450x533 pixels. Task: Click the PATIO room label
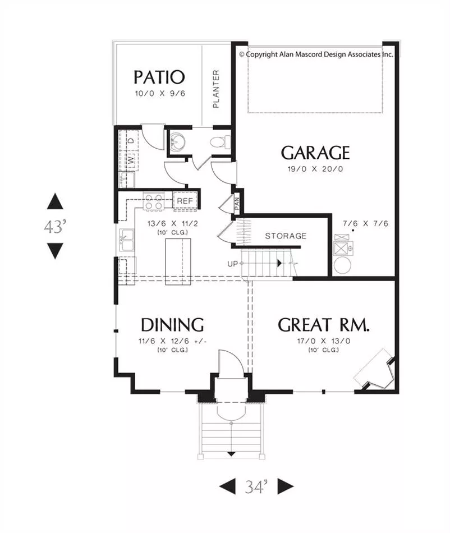tap(159, 77)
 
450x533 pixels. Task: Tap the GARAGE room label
tap(315, 153)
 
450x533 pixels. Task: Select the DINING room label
tap(172, 325)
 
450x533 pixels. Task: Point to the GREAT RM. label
tap(323, 325)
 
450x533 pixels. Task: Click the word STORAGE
tap(286, 236)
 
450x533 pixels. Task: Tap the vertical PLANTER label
tap(216, 89)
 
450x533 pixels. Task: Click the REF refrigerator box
tap(185, 201)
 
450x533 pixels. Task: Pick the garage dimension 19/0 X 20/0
tap(315, 169)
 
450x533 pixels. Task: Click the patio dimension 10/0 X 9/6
tap(160, 94)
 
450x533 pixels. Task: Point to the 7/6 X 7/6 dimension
tap(365, 224)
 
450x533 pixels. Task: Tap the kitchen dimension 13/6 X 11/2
tap(172, 224)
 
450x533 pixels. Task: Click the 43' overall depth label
tap(55, 227)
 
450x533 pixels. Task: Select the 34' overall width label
tap(256, 487)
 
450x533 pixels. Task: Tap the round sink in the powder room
tap(178, 141)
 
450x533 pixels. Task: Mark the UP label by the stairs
tap(232, 264)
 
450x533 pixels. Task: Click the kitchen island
tap(178, 262)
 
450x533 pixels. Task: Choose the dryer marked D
tap(131, 140)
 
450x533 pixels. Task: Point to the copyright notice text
tap(316, 54)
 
